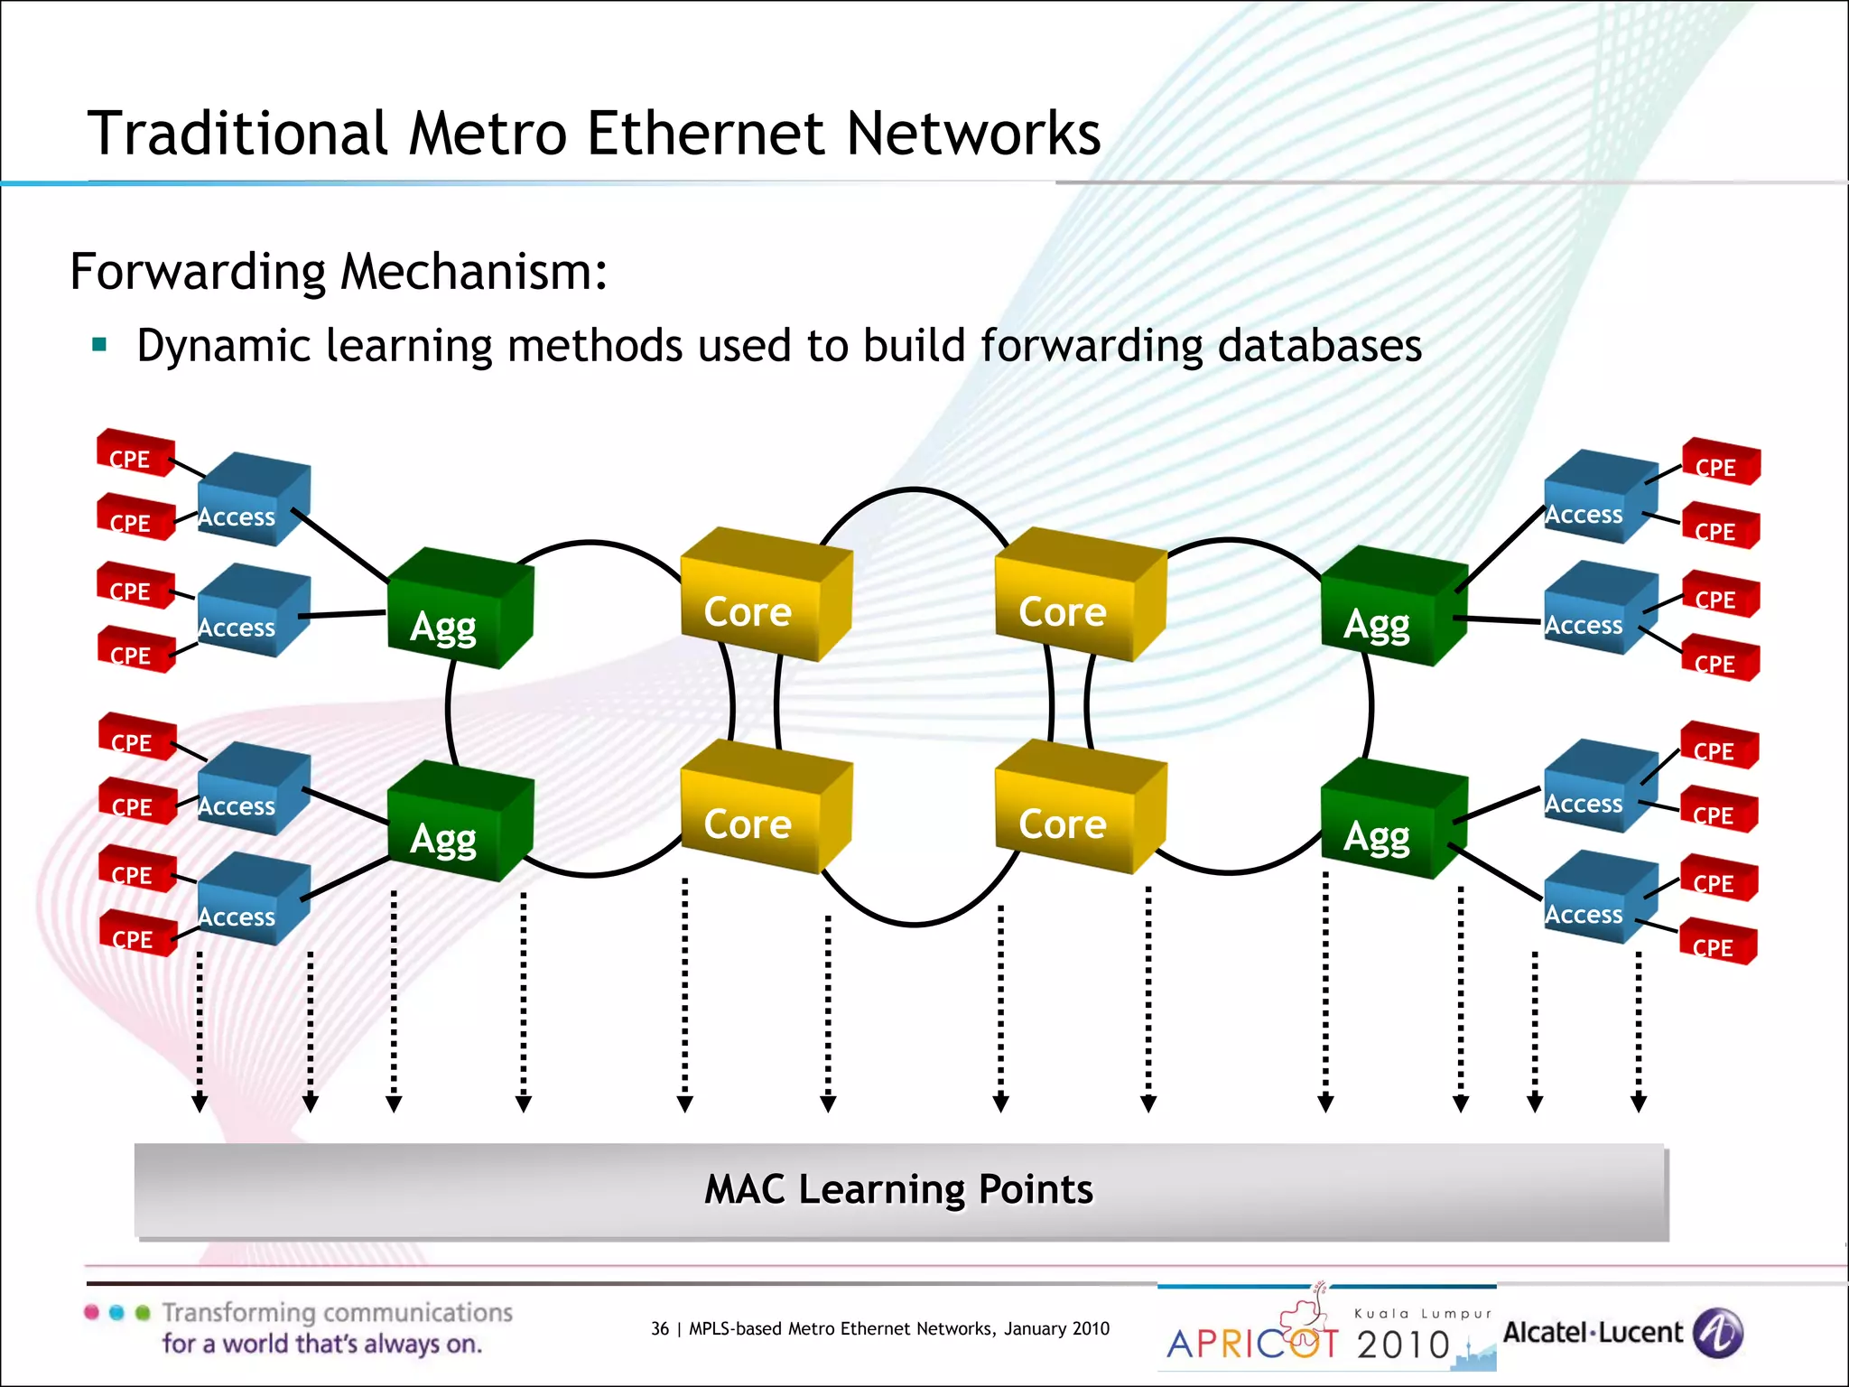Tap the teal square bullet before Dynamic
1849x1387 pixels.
(99, 344)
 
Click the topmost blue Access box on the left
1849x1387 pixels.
(253, 501)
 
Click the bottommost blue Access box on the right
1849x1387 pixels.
(1598, 899)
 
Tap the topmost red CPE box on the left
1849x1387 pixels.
(135, 453)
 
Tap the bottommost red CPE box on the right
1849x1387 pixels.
(1717, 943)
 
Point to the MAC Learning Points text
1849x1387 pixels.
(898, 1189)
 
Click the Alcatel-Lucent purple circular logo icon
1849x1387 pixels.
(1717, 1333)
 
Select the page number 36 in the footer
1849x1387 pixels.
(660, 1328)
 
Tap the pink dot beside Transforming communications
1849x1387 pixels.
(91, 1312)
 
